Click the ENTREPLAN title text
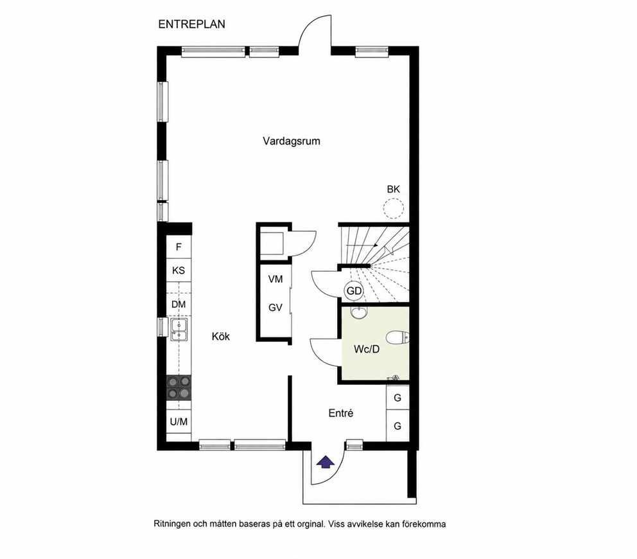pos(191,24)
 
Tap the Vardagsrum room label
pos(292,141)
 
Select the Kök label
pos(221,336)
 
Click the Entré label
pos(341,413)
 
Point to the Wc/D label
pos(367,350)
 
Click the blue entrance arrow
pos(325,463)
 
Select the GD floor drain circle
pos(354,291)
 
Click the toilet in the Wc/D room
pos(397,338)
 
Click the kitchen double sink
pos(179,330)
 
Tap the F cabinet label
pos(179,247)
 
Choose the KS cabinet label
pos(179,271)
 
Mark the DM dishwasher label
pos(179,305)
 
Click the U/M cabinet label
pos(179,421)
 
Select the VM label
pos(275,279)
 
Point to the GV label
pos(275,308)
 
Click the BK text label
pos(393,189)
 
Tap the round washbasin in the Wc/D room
pos(359,313)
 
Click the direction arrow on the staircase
pos(362,245)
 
